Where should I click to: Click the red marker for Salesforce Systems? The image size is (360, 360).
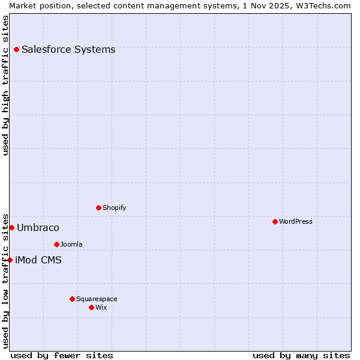tap(16, 49)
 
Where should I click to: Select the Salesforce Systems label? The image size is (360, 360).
tap(68, 49)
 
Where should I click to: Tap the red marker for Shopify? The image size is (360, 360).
tap(98, 208)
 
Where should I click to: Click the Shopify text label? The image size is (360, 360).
tap(114, 208)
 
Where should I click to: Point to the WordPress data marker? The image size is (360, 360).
tap(275, 221)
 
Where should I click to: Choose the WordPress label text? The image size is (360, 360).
tap(295, 221)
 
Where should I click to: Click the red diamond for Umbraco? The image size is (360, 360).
tap(11, 227)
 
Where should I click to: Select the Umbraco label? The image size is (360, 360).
tap(38, 227)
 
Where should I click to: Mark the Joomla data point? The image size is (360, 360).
tap(56, 244)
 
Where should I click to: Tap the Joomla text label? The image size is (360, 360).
tap(71, 244)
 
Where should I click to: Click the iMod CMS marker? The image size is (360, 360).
tap(10, 260)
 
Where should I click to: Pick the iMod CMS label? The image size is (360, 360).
tap(38, 260)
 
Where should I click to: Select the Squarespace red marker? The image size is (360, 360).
tap(72, 299)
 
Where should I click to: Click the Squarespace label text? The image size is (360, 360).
tap(97, 299)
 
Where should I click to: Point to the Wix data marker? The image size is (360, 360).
tap(91, 307)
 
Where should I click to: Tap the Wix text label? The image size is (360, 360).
tap(101, 307)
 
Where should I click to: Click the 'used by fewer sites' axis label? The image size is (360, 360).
tap(62, 355)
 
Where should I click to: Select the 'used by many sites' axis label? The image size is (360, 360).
tap(301, 355)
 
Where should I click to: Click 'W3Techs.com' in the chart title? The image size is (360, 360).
tap(326, 5)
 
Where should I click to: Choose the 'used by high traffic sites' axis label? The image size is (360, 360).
tap(5, 85)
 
